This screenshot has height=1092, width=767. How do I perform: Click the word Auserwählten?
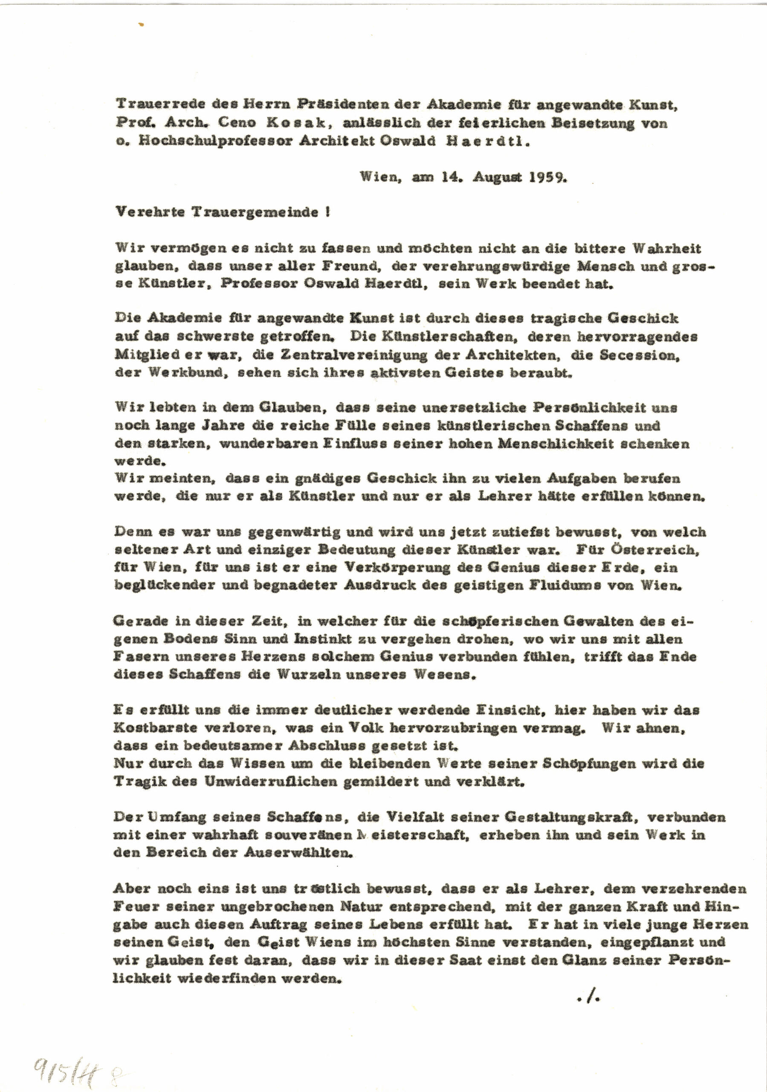tap(298, 853)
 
